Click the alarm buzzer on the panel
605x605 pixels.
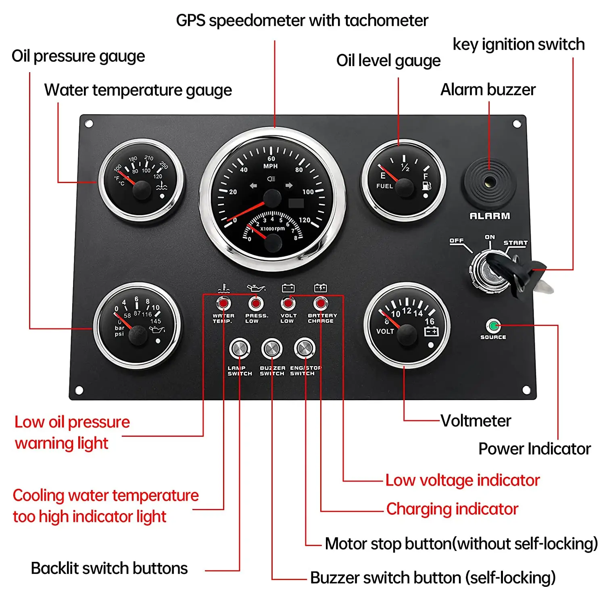pos(489,183)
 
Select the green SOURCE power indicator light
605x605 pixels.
pos(493,325)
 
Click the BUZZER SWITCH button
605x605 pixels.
pos(272,348)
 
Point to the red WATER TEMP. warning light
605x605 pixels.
pos(223,303)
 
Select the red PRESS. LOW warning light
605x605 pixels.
pos(255,303)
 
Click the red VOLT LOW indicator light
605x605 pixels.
pos(288,303)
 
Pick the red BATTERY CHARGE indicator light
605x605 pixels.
pos(321,303)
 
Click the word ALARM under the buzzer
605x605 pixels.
pos(490,216)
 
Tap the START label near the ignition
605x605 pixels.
pos(515,243)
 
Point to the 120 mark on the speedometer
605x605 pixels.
pos(305,220)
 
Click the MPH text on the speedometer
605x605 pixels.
pos(270,166)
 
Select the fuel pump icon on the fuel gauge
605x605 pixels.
pos(426,186)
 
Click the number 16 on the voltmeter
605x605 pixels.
pos(429,321)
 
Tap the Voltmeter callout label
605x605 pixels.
pos(476,421)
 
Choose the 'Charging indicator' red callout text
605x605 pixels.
pos(452,509)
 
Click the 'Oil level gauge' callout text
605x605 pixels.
pos(388,60)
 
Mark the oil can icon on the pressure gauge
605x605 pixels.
pos(156,330)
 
